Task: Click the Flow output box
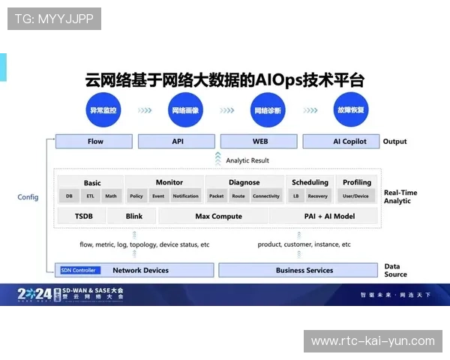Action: tap(95, 141)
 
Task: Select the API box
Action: tap(178, 141)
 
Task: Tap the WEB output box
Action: tap(260, 141)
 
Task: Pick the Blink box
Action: tap(134, 216)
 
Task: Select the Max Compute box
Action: tap(218, 216)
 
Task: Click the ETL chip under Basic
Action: tap(90, 196)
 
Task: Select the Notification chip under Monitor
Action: tap(185, 196)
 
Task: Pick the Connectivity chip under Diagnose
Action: tap(265, 196)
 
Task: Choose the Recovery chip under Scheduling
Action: tap(317, 196)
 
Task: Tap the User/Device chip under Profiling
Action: tap(355, 196)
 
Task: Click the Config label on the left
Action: tap(28, 197)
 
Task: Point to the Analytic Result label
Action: tap(247, 160)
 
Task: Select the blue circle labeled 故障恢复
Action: tap(350, 109)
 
